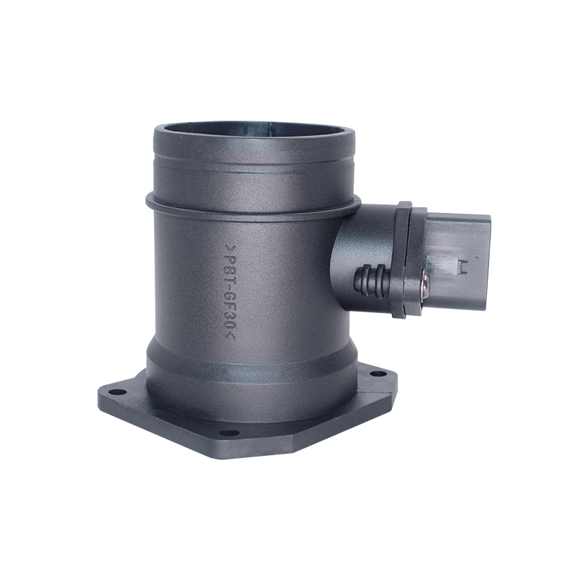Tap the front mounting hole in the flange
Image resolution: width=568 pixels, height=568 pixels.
[224, 432]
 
